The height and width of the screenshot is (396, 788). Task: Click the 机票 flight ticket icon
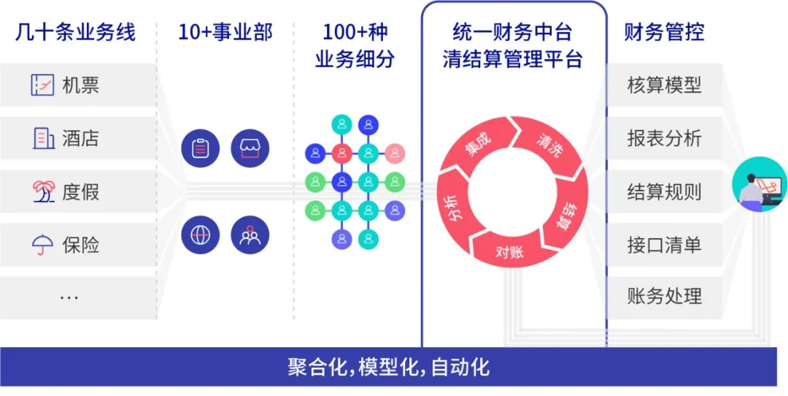43,85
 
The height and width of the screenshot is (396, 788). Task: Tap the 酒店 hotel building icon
43,138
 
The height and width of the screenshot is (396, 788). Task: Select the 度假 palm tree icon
43,191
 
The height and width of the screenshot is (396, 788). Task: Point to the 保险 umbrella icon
43,245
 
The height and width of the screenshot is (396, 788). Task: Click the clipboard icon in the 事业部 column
200,149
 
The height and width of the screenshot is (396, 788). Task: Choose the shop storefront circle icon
250,149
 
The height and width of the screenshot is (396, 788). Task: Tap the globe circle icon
200,235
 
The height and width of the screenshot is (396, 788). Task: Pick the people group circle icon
250,235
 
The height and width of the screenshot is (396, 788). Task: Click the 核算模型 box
664,85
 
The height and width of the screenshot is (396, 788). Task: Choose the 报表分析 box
664,138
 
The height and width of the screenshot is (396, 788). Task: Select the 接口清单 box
664,244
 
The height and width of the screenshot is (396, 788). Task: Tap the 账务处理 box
664,297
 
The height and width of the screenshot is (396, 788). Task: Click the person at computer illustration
759,187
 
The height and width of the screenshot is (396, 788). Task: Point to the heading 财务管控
664,32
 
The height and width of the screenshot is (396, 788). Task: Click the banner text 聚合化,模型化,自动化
388,367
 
